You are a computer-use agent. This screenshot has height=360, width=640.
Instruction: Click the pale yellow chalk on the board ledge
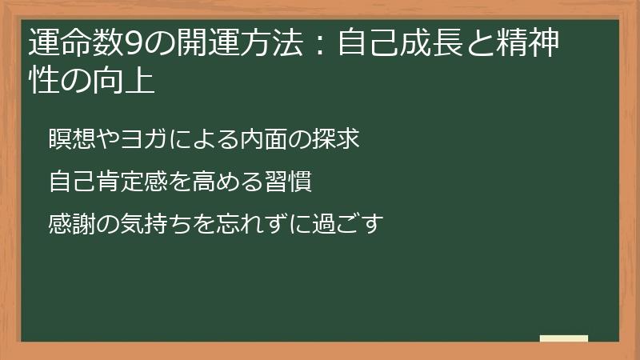coord(564,338)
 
